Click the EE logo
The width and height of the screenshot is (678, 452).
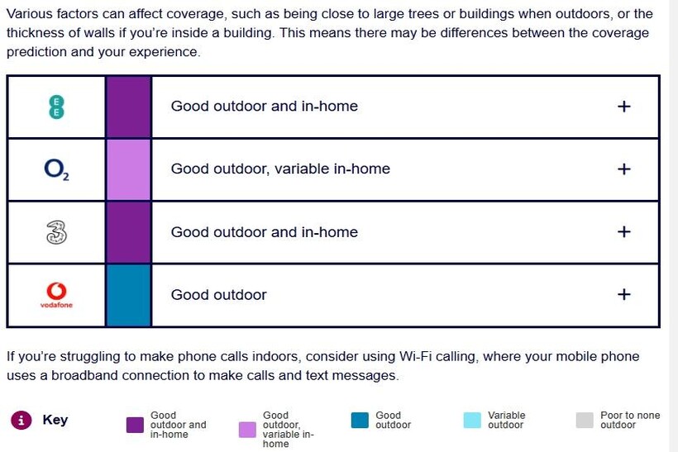point(56,107)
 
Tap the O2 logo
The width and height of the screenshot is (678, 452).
point(57,169)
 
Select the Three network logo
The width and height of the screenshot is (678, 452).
point(57,232)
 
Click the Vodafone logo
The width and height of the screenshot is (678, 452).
point(57,295)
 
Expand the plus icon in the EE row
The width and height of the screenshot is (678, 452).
point(623,107)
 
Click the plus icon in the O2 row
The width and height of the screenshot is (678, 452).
point(623,169)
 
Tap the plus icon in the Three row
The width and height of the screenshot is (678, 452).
point(623,231)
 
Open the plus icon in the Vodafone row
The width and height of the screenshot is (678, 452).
point(623,294)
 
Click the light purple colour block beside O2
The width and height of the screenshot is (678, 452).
point(128,170)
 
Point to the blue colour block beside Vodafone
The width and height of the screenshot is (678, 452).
point(128,295)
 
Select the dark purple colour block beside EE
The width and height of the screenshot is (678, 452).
point(128,107)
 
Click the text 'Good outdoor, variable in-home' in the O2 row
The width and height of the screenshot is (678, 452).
point(280,169)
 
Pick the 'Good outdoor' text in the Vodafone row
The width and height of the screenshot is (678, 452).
point(219,295)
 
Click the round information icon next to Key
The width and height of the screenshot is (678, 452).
point(21,420)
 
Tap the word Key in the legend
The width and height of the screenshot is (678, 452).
point(55,420)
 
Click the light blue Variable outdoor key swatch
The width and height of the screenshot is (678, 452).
point(472,420)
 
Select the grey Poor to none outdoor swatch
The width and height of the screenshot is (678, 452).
point(585,420)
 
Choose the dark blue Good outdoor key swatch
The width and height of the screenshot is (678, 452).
point(360,420)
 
